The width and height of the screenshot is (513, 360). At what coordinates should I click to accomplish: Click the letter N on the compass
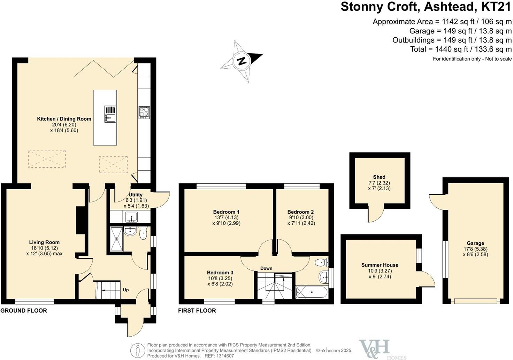(x=242, y=61)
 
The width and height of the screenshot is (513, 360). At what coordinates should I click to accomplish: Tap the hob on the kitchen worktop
(x=144, y=113)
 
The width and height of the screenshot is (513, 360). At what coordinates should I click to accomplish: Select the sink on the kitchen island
(x=110, y=114)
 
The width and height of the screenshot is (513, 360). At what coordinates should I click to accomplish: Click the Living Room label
(x=44, y=242)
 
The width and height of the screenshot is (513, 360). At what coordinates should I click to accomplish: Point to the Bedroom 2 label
(x=300, y=212)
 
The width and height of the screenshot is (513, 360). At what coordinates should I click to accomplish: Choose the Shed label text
(x=379, y=177)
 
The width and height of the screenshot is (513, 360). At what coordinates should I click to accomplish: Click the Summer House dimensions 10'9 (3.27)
(x=380, y=271)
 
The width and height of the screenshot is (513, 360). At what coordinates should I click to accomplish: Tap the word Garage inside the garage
(x=475, y=243)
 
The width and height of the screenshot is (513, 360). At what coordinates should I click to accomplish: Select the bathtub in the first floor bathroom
(x=312, y=292)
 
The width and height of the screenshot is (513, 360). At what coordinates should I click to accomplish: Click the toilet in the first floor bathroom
(x=322, y=262)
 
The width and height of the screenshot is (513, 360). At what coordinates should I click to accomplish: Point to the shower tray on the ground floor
(x=116, y=239)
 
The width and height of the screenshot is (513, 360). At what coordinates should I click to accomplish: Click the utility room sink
(x=131, y=217)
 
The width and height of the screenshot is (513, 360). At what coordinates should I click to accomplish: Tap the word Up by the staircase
(x=126, y=290)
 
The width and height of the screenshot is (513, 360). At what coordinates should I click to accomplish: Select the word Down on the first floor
(x=266, y=268)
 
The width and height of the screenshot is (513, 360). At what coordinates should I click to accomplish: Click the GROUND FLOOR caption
(x=24, y=311)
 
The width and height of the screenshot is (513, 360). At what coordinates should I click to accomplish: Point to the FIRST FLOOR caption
(x=197, y=311)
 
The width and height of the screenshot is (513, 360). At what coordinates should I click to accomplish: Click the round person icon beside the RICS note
(x=138, y=350)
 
